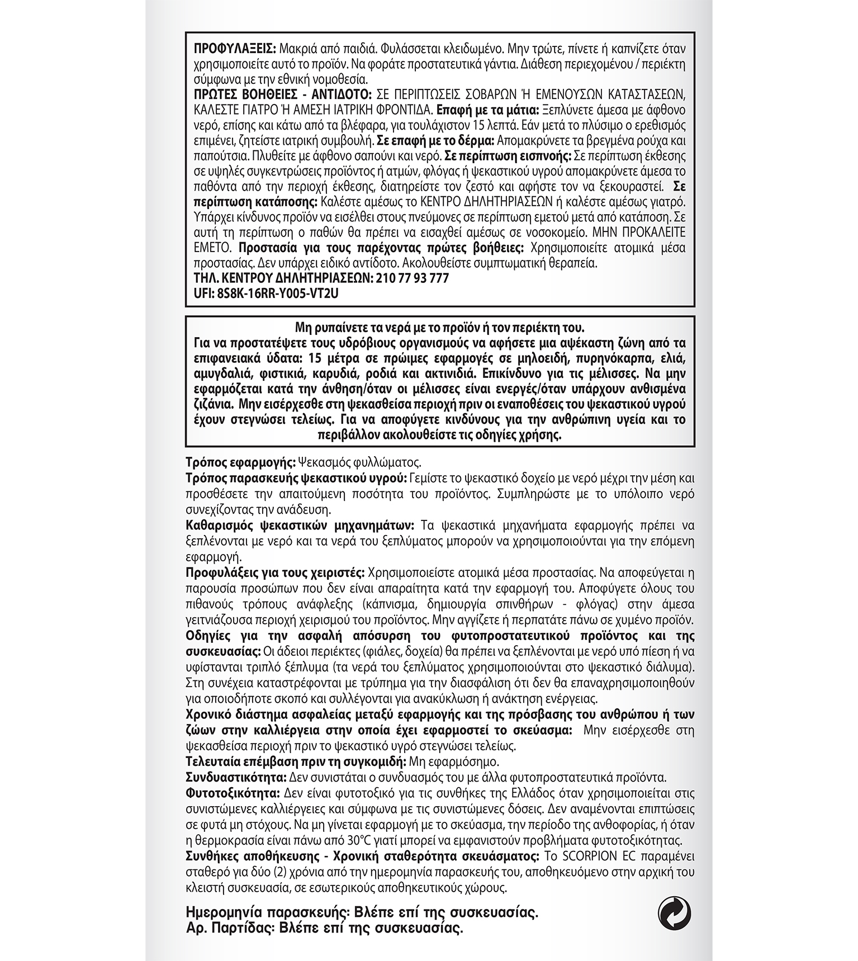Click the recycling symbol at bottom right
[674, 914]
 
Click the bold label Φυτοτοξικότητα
[233, 793]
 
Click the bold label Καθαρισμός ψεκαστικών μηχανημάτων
[300, 526]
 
